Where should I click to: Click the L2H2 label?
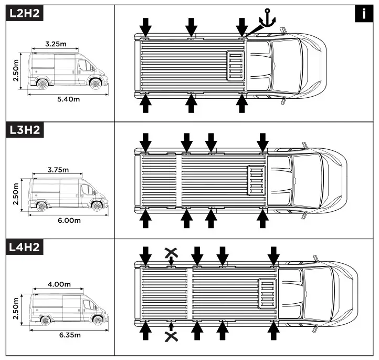(x=24, y=14)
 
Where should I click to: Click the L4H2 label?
(x=24, y=247)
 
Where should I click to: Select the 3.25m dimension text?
(x=56, y=44)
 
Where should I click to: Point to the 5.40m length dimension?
(x=68, y=100)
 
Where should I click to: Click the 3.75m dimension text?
(x=58, y=170)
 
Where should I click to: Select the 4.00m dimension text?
(x=59, y=284)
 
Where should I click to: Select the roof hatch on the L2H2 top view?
(x=236, y=66)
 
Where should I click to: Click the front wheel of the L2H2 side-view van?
(x=95, y=84)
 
